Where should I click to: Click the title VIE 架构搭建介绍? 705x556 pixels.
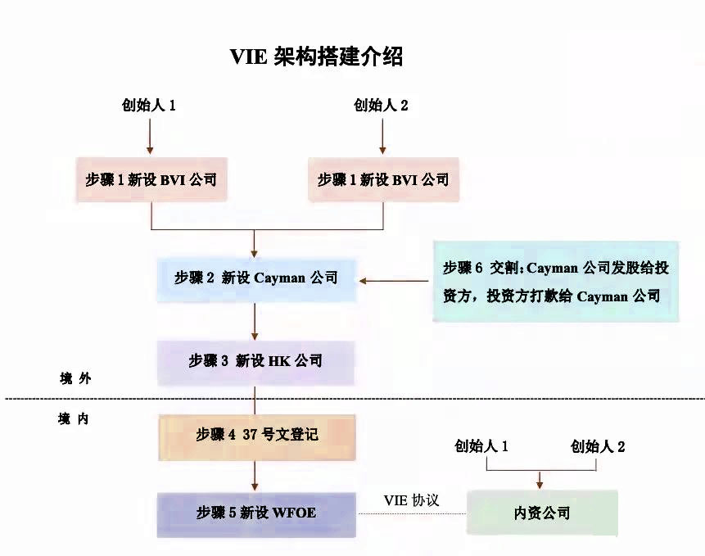pos(316,57)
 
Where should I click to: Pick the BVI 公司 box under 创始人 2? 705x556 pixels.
pos(383,179)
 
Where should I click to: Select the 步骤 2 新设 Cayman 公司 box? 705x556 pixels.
pos(255,278)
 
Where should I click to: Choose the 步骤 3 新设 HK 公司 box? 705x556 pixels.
pos(255,360)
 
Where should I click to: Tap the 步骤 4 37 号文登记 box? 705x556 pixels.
pos(255,434)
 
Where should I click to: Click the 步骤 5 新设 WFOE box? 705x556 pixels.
pos(255,513)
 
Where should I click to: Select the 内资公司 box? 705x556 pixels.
pos(541,513)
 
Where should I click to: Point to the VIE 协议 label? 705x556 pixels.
pos(411,499)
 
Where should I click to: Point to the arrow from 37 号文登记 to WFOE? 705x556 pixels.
pos(255,474)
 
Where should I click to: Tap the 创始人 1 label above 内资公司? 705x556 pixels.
pos(482,446)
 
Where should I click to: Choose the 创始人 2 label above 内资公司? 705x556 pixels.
pos(599,446)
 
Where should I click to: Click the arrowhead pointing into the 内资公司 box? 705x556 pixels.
pos(540,483)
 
